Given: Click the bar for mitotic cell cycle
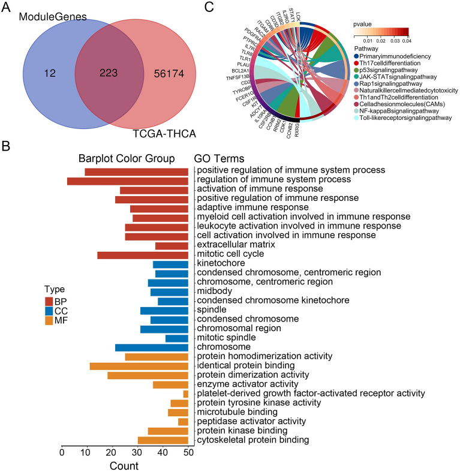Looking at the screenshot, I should (143, 255).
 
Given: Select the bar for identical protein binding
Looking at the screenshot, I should (139, 366).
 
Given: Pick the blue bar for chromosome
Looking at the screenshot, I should (152, 347).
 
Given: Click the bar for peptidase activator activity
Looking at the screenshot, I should (184, 422).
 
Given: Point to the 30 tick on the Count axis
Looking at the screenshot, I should (138, 452).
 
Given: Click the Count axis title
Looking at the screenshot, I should (124, 465).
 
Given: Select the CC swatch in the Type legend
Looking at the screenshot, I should (49, 311).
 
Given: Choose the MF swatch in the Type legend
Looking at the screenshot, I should (49, 321).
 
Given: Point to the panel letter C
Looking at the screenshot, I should (209, 7).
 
